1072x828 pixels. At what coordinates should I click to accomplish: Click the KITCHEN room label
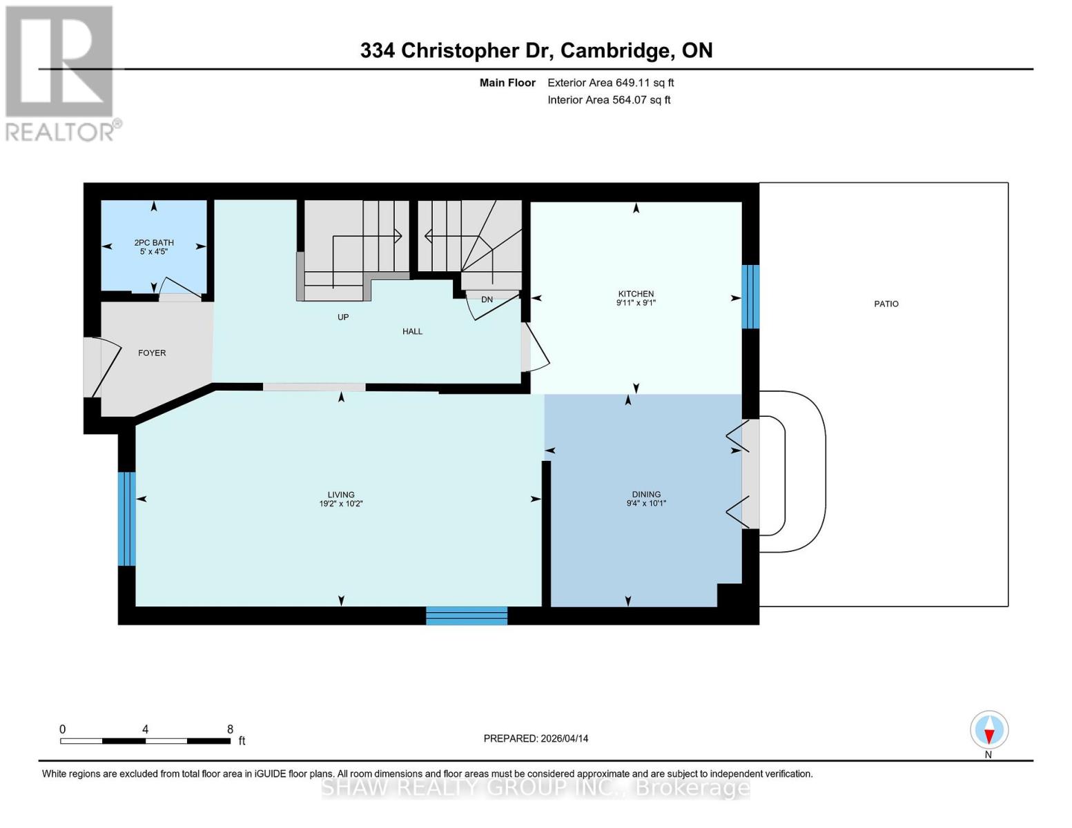point(636,294)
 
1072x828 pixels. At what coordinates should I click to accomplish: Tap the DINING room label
point(646,494)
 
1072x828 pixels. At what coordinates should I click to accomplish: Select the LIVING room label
point(341,495)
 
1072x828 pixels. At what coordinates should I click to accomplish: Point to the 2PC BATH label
point(154,243)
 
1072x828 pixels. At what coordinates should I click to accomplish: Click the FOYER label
point(152,353)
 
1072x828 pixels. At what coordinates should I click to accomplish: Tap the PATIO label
point(886,304)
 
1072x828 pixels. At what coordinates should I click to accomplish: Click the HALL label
point(412,331)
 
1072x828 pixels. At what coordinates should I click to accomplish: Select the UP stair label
point(343,317)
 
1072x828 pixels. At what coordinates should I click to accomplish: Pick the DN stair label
point(487,299)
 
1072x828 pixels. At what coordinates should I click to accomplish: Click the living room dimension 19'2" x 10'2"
point(341,504)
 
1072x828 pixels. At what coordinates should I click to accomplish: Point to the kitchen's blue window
point(750,297)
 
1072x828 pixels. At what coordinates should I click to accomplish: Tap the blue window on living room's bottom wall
point(467,615)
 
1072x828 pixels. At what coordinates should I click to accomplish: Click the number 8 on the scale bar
point(231,729)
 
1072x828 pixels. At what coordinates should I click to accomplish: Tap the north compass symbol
point(989,730)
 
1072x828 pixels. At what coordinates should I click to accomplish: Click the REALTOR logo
point(61,72)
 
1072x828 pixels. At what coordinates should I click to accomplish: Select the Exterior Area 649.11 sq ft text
point(610,83)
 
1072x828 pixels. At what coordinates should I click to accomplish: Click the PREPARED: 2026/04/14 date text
point(536,738)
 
